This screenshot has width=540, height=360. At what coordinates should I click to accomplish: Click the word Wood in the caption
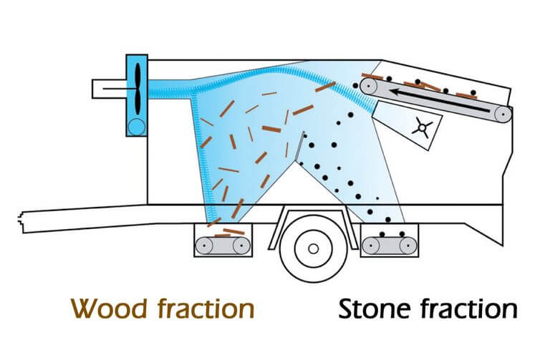pos(108,308)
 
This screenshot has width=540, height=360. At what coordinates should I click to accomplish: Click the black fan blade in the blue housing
pos(138,89)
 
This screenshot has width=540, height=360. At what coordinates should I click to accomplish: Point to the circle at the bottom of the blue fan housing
pos(137,127)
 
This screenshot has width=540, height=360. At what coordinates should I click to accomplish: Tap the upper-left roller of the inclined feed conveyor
pos(369,85)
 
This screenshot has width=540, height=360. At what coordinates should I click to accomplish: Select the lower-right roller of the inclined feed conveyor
pos(503,114)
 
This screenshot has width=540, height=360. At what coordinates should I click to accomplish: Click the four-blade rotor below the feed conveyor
pos(422,127)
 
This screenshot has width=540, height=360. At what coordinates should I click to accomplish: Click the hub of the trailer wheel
pos(313,248)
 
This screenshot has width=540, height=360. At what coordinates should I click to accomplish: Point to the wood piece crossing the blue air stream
pos(325,87)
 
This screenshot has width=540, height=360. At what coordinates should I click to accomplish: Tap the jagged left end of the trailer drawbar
pos(20,220)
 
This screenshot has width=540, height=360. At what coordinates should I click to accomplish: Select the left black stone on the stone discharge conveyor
pos(382,234)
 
